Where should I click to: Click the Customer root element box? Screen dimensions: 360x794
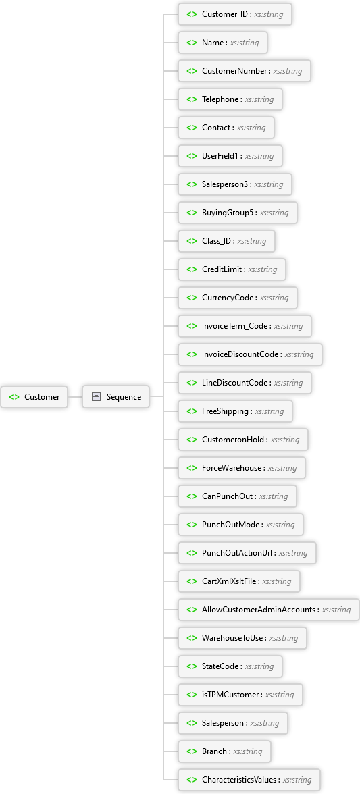[x=34, y=397]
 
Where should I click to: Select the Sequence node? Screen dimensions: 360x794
[x=116, y=397]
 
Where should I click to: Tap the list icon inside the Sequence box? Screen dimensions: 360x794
[x=96, y=397]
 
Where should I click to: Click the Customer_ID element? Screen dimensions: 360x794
[x=235, y=14]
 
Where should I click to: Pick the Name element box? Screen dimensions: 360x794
[x=223, y=43]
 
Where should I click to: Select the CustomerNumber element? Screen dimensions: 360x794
[x=245, y=71]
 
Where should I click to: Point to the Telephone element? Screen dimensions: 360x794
[x=230, y=99]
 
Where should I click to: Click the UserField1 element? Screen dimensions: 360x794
[x=230, y=156]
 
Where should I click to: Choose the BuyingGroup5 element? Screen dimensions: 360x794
[x=238, y=213]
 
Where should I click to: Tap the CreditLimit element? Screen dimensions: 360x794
[x=232, y=269]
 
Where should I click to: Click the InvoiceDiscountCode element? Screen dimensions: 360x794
[x=250, y=354]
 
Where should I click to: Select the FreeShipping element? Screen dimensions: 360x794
[x=236, y=411]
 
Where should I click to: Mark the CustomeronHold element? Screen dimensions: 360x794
[x=243, y=440]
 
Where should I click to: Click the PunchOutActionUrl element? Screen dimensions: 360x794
[x=247, y=553]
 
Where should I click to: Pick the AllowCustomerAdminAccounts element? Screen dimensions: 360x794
[x=269, y=610]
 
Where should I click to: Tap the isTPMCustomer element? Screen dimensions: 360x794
[x=240, y=695]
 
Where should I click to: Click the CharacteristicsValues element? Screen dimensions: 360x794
[x=249, y=780]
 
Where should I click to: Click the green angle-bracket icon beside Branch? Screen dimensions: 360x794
[x=191, y=751]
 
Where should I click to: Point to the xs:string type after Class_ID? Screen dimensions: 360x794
[x=252, y=241]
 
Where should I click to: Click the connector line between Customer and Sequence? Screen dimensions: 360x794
[x=75, y=397]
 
